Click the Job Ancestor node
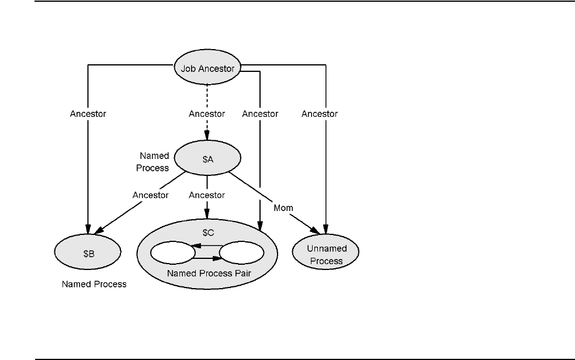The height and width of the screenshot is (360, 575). [x=207, y=68]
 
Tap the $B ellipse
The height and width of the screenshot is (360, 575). [x=88, y=252]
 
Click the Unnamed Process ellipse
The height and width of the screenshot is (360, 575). [x=326, y=254]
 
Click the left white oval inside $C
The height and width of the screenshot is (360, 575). [x=172, y=253]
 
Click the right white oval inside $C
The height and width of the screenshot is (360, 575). [x=241, y=253]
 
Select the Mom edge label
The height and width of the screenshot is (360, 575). [x=283, y=207]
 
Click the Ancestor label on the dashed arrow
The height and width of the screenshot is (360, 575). [x=207, y=114]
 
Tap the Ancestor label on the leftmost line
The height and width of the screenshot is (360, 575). [x=88, y=114]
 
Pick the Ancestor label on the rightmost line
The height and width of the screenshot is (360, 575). [x=320, y=114]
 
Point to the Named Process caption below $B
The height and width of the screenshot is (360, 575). [x=93, y=285]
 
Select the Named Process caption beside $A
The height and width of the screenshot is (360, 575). [x=154, y=162]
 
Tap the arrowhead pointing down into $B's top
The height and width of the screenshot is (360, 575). [x=88, y=228]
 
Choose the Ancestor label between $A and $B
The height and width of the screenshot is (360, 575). [x=150, y=195]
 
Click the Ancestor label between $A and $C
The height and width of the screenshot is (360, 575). [x=207, y=195]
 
